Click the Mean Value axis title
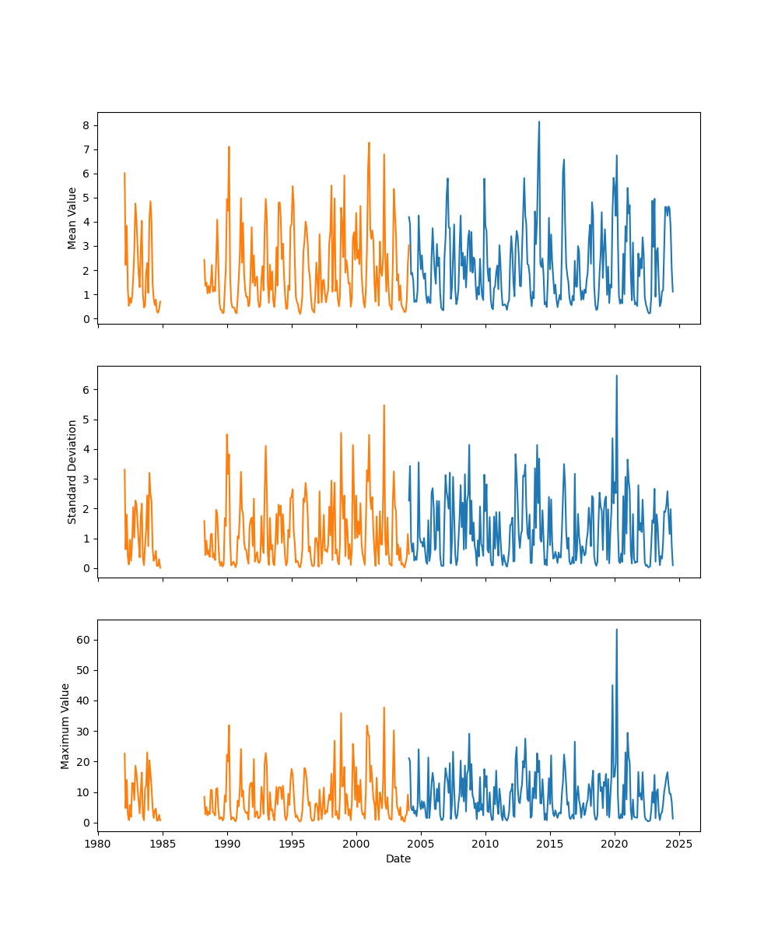(x=72, y=218)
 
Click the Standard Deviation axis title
(x=72, y=472)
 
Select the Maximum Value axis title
(x=65, y=725)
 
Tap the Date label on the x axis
(x=398, y=859)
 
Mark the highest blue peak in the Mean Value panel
(x=538, y=121)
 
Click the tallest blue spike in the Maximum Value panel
(x=616, y=630)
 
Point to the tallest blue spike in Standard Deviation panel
(x=616, y=375)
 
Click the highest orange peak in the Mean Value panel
(x=369, y=142)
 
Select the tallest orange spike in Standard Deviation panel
(x=384, y=405)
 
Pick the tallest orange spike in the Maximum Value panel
(x=384, y=708)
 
